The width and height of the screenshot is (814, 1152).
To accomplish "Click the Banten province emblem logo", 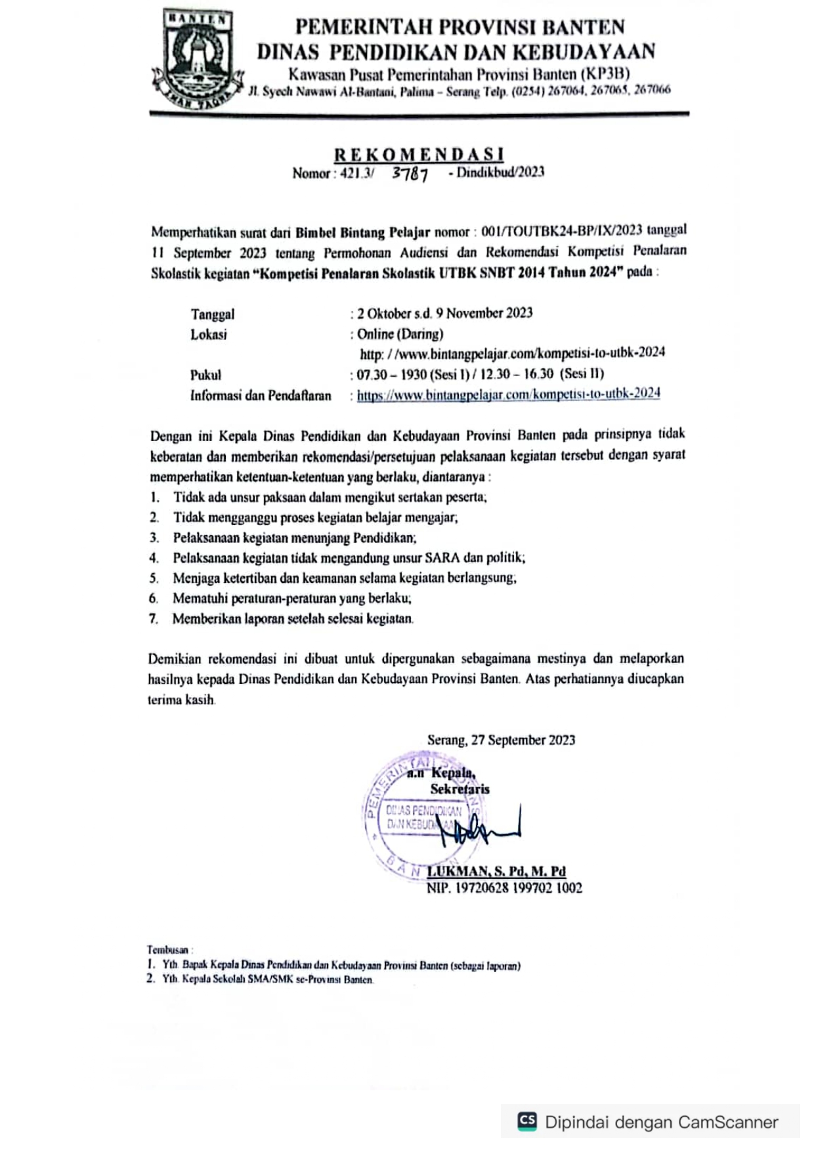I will click(x=197, y=59).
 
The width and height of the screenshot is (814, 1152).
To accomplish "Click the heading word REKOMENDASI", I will click(x=419, y=154).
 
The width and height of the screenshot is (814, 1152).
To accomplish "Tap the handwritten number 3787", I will click(x=410, y=174).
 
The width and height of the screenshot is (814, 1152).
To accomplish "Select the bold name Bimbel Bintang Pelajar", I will click(x=362, y=232).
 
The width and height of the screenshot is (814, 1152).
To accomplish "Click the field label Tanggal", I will click(x=212, y=314).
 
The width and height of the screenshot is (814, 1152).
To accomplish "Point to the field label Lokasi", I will click(x=208, y=335).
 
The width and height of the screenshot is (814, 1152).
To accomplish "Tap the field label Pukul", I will click(x=205, y=375).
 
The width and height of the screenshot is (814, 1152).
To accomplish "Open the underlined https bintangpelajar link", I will click(x=508, y=394).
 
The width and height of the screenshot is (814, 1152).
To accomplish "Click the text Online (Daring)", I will click(x=400, y=334).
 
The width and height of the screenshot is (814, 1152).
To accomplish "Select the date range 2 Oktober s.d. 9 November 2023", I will click(x=444, y=313).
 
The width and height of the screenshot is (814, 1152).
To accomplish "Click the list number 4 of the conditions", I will click(x=154, y=558).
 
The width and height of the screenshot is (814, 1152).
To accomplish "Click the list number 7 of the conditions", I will click(x=154, y=618).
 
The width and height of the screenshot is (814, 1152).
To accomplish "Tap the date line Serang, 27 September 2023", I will click(x=501, y=740).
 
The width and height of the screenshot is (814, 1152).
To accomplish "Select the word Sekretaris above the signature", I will click(x=460, y=789).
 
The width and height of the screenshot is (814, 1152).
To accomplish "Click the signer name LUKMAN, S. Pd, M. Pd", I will click(x=496, y=871).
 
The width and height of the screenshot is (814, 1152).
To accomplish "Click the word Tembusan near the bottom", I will click(x=167, y=950).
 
